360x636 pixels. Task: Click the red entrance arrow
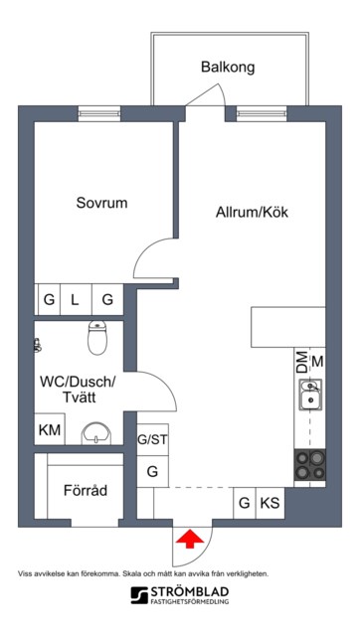190,540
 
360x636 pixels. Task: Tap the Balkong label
228,67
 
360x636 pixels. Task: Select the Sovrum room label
101,203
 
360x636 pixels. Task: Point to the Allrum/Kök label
252,212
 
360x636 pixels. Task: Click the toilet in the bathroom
97,338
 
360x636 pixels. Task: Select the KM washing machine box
50,429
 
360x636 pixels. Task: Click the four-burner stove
309,465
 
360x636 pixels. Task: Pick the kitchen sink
310,395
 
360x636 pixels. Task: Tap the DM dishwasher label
301,362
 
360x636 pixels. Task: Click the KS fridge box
270,503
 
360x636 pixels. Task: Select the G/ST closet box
152,439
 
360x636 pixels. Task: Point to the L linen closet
76,300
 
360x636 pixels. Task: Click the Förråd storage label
86,490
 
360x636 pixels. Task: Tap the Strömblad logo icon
139,595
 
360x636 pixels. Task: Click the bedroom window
99,113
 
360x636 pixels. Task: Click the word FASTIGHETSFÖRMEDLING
190,601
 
